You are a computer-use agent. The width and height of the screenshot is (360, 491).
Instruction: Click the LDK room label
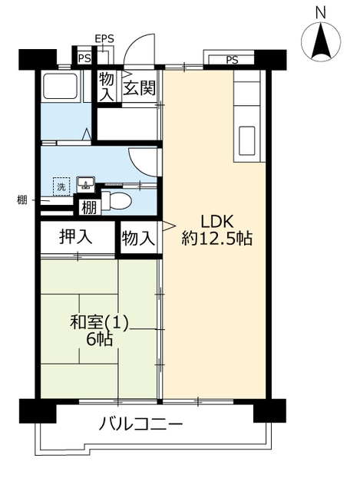pyautogui.click(x=217, y=222)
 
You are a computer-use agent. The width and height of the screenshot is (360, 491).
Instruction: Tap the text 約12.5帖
pyautogui.click(x=217, y=239)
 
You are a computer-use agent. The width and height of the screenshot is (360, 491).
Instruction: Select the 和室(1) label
pyautogui.click(x=99, y=323)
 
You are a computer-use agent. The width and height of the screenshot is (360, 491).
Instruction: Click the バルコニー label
pyautogui.click(x=140, y=424)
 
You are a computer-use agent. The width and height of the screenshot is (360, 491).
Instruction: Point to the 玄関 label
pyautogui.click(x=139, y=88)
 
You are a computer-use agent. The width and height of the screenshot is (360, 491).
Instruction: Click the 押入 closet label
pyautogui.click(x=76, y=237)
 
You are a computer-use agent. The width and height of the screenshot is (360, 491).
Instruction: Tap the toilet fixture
pyautogui.click(x=116, y=200)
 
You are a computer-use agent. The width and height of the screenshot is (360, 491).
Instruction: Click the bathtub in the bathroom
pyautogui.click(x=60, y=86)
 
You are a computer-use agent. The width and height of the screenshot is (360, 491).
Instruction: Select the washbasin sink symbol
pyautogui.click(x=86, y=184)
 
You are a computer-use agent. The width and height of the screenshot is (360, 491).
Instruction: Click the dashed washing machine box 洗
pyautogui.click(x=61, y=186)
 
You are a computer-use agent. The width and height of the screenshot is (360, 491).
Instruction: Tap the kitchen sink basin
pyautogui.click(x=247, y=141)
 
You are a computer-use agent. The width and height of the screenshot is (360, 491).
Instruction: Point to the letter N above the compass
pyautogui.click(x=321, y=13)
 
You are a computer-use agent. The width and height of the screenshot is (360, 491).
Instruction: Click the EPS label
pyautogui.click(x=104, y=39)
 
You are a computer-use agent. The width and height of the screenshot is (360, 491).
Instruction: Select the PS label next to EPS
pyautogui.click(x=84, y=58)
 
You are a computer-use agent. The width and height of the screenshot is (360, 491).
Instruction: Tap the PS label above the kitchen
pyautogui.click(x=232, y=60)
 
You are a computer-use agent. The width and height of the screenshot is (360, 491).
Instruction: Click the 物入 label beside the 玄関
pyautogui.click(x=107, y=87)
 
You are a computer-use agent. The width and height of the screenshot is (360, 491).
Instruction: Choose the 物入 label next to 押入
pyautogui.click(x=138, y=239)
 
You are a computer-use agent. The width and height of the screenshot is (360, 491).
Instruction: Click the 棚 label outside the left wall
pyautogui.click(x=22, y=199)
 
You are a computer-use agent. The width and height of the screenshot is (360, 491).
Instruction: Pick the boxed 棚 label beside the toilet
pyautogui.click(x=90, y=207)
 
